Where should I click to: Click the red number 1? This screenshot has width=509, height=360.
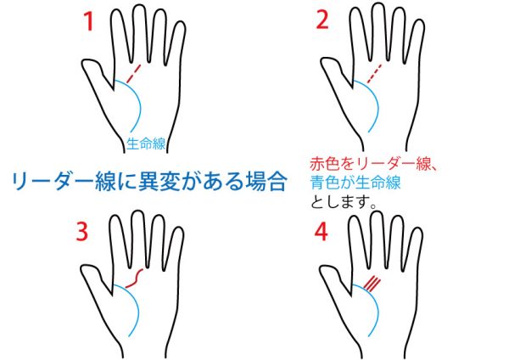(x=88, y=21)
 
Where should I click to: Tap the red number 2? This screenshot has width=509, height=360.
(x=322, y=20)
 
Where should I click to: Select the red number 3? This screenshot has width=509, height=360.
(x=82, y=231)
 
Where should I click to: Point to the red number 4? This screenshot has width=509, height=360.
(x=322, y=232)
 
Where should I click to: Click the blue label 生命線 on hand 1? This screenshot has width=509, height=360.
(x=146, y=143)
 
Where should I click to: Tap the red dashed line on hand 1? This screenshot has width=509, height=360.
(x=134, y=73)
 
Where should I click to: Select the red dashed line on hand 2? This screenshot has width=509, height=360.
(x=374, y=73)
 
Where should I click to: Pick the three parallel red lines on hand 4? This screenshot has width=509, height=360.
(x=372, y=284)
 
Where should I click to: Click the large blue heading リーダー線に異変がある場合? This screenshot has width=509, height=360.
(x=149, y=181)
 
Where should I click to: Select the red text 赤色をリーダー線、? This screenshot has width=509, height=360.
(x=373, y=164)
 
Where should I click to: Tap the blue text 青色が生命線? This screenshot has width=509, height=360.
(x=355, y=183)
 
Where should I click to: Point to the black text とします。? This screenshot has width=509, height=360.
(x=344, y=202)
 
